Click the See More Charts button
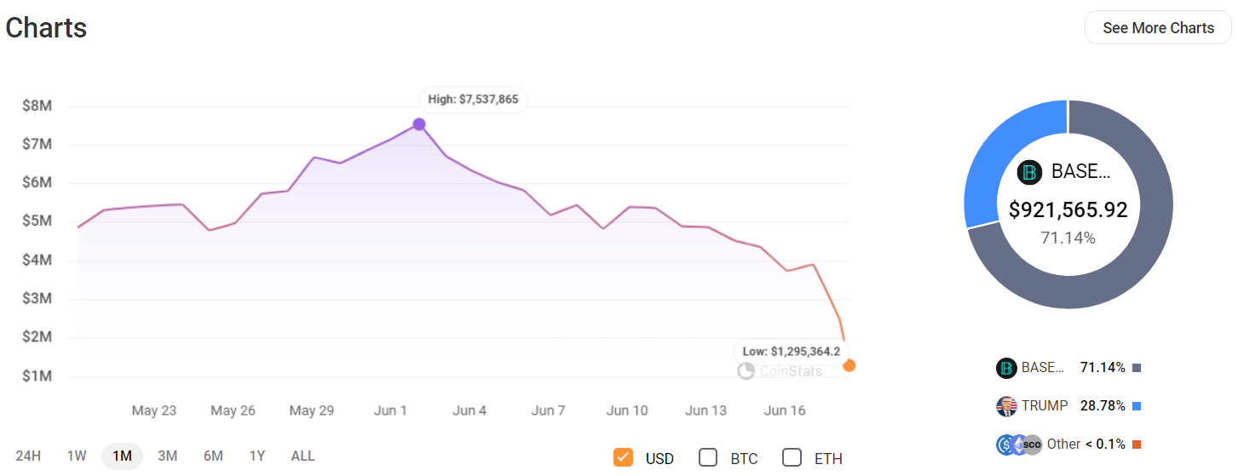tap(1158, 28)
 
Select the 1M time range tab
tap(122, 456)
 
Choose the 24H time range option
tap(28, 456)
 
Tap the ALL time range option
tap(302, 456)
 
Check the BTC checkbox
tap(708, 457)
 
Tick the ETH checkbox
tap(792, 457)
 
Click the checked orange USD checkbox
tap(623, 457)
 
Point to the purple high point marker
tap(419, 124)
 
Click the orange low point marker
tap(849, 365)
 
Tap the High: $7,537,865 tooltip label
tap(473, 100)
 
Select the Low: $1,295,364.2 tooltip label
tap(791, 351)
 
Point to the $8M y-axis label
tap(37, 106)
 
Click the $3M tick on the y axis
tap(37, 299)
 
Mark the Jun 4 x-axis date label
tap(469, 410)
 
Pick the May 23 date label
tap(154, 410)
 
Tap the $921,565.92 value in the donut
tap(1068, 209)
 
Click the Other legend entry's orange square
tap(1137, 444)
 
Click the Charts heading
tap(46, 28)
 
